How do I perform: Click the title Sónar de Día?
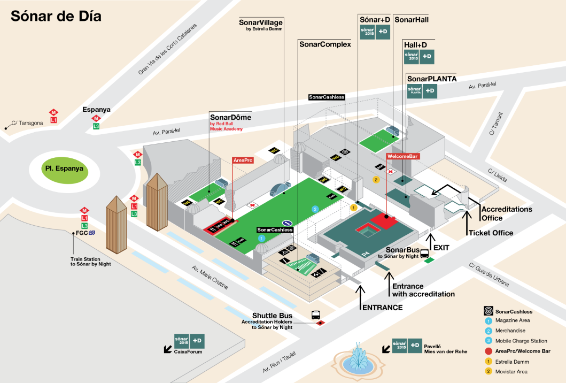pyautogui.click(x=56, y=16)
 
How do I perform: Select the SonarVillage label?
pyautogui.click(x=261, y=22)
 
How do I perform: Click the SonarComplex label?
pyautogui.click(x=325, y=44)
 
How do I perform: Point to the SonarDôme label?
pyautogui.click(x=230, y=117)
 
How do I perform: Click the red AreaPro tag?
pyautogui.click(x=243, y=160)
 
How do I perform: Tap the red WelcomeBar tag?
pyautogui.click(x=402, y=156)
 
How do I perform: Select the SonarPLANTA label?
pyautogui.click(x=431, y=78)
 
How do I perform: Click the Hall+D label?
pyautogui.click(x=419, y=45)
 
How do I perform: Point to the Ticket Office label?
pyautogui.click(x=491, y=233)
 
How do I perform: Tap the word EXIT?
pyautogui.click(x=441, y=248)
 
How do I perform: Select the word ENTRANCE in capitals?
pyautogui.click(x=382, y=308)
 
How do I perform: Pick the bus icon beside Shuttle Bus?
pyautogui.click(x=315, y=315)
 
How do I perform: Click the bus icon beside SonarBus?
pyautogui.click(x=425, y=254)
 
